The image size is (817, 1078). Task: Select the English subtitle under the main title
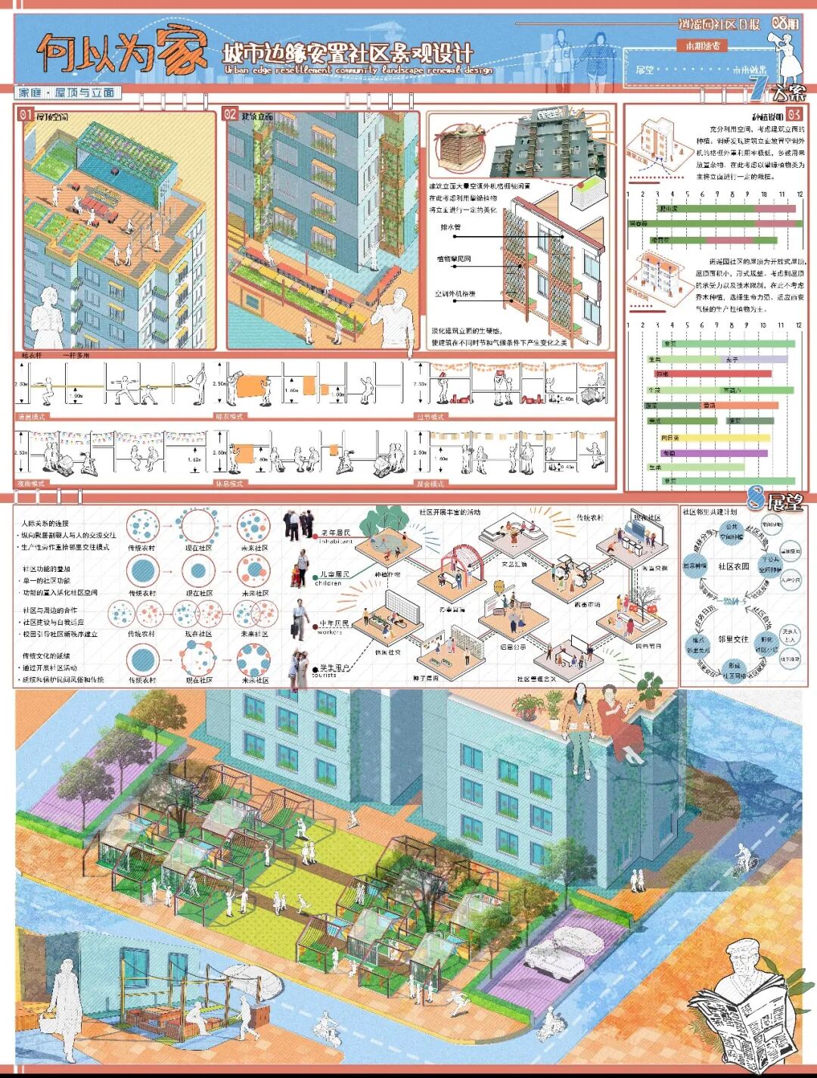[x=358, y=70]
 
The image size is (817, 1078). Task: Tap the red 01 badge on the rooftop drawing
[x=26, y=115]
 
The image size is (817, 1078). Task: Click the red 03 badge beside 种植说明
[x=794, y=114]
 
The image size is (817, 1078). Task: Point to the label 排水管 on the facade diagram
[x=451, y=227]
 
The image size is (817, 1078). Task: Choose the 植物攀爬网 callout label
[x=454, y=259]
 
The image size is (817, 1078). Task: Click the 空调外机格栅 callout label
[x=455, y=294]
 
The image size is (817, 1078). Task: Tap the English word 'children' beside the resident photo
[x=328, y=583]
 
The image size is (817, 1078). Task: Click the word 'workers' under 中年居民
[x=330, y=632]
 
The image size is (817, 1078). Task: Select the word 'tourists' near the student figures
[x=325, y=675]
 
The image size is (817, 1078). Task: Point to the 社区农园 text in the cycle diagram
[x=733, y=566]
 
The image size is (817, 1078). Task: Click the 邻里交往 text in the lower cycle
[x=733, y=639]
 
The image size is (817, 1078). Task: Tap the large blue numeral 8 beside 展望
[x=754, y=499]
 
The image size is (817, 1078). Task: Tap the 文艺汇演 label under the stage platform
[x=514, y=564]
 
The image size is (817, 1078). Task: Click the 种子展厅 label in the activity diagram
[x=426, y=678]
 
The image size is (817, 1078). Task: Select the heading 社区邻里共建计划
[x=709, y=512]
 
